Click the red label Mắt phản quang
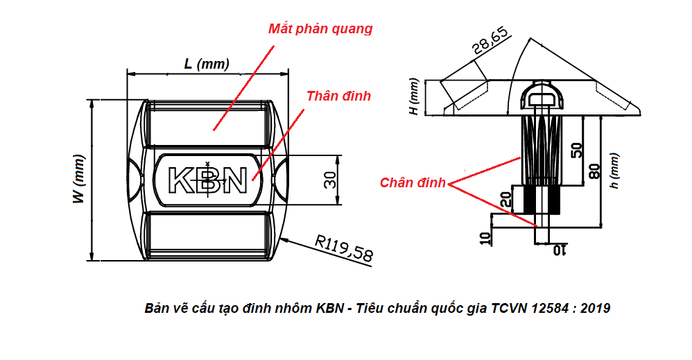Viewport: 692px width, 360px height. click(x=320, y=29)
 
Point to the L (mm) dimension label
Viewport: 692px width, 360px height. click(x=206, y=64)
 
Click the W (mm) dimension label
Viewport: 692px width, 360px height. click(x=80, y=179)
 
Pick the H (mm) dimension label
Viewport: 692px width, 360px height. click(x=414, y=97)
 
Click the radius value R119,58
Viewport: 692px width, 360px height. click(x=343, y=248)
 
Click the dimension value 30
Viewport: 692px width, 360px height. click(x=331, y=179)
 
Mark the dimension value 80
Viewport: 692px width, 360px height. click(x=594, y=169)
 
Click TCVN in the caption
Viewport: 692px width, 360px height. click(x=510, y=308)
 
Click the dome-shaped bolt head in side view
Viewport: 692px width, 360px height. click(x=542, y=94)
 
